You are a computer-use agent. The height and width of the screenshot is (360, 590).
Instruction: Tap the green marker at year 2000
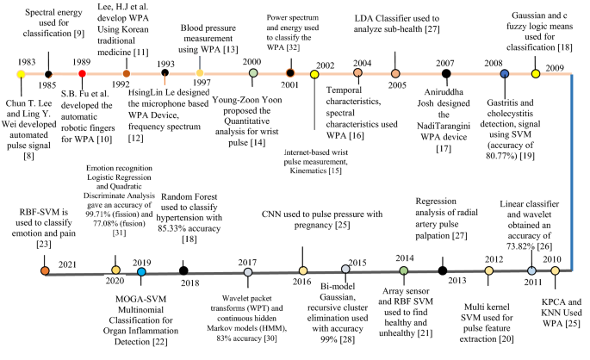(x=253, y=74)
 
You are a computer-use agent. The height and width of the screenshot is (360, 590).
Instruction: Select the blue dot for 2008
(x=504, y=74)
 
